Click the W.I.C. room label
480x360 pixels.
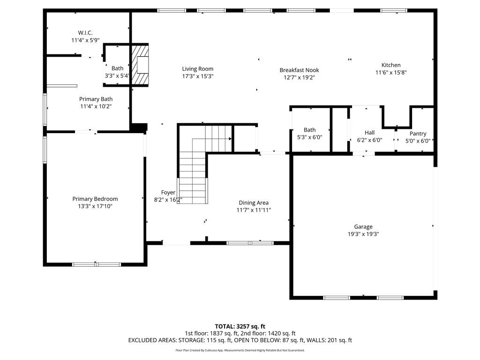click(x=85, y=33)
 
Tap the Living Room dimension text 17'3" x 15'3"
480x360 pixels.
click(x=198, y=76)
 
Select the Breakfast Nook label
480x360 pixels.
click(x=300, y=70)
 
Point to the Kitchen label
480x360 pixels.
click(x=391, y=65)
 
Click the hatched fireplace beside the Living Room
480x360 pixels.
click(x=140, y=65)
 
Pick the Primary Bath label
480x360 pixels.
click(x=96, y=99)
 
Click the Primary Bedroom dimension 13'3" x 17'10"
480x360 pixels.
click(x=95, y=206)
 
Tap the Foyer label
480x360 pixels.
click(x=168, y=193)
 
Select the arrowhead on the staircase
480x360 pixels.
click(x=230, y=139)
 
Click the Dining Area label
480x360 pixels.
click(x=254, y=202)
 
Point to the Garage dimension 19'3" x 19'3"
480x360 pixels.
click(x=363, y=234)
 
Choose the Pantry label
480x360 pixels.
click(x=418, y=134)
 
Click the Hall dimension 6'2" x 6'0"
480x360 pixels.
click(x=369, y=140)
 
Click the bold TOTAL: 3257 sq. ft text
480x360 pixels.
click(x=240, y=326)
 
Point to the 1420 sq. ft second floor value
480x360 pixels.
click(x=282, y=333)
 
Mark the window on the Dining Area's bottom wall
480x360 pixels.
click(x=250, y=243)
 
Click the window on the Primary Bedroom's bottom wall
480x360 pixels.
click(x=97, y=264)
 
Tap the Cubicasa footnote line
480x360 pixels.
click(x=240, y=350)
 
